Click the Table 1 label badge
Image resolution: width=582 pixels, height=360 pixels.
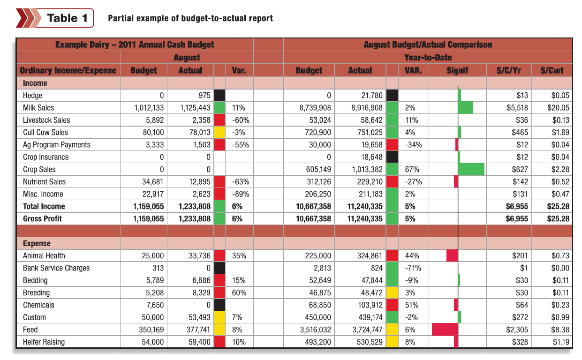(x=54, y=18)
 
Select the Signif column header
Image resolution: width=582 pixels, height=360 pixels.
(x=457, y=70)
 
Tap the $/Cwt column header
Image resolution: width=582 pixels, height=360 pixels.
(x=552, y=70)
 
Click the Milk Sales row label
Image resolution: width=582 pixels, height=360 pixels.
(x=38, y=107)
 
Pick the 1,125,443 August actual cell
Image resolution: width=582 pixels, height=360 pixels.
(x=195, y=108)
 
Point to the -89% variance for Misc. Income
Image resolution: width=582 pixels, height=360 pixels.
(x=241, y=194)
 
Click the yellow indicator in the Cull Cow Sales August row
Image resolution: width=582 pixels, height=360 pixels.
(x=219, y=132)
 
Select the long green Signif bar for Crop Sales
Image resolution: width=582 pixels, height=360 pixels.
(x=471, y=169)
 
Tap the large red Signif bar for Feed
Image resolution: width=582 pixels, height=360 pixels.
(x=445, y=330)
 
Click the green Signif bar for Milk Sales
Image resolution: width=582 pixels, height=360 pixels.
(x=465, y=107)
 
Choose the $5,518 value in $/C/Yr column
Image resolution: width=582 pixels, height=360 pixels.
(x=517, y=108)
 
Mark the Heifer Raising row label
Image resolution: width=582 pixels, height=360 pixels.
(x=44, y=342)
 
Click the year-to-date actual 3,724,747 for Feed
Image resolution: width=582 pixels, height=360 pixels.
(x=367, y=330)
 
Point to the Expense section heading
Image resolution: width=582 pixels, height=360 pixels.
(x=37, y=243)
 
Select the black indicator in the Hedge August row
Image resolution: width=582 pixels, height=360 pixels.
(x=219, y=95)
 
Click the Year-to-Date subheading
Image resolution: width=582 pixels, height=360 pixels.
(x=428, y=57)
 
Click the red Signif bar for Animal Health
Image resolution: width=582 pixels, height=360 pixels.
(x=452, y=255)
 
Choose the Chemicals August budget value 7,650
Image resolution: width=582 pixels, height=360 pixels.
(x=155, y=305)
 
